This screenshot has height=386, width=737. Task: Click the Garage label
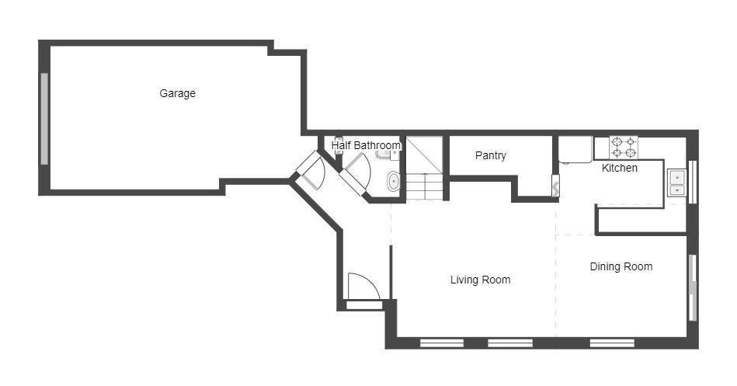point(177,93)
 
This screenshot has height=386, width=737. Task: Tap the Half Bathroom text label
point(366,145)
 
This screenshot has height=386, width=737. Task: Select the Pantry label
point(490,155)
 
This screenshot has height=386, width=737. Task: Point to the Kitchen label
point(620,168)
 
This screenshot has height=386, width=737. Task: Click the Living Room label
point(480,280)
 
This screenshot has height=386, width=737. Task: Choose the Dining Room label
point(621,266)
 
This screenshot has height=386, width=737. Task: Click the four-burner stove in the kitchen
point(623,147)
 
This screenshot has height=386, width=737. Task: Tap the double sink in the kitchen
point(676,183)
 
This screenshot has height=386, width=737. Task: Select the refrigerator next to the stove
point(575,150)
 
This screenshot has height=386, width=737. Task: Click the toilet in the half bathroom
point(393,182)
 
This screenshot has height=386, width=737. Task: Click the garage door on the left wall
point(44,118)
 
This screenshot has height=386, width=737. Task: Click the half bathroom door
point(356,172)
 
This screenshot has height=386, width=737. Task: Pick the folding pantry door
point(555,186)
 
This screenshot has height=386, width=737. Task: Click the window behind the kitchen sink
point(693,182)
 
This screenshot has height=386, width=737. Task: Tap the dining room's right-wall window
point(693,287)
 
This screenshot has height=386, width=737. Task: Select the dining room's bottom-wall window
point(612,343)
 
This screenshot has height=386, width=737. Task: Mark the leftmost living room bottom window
point(442,343)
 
